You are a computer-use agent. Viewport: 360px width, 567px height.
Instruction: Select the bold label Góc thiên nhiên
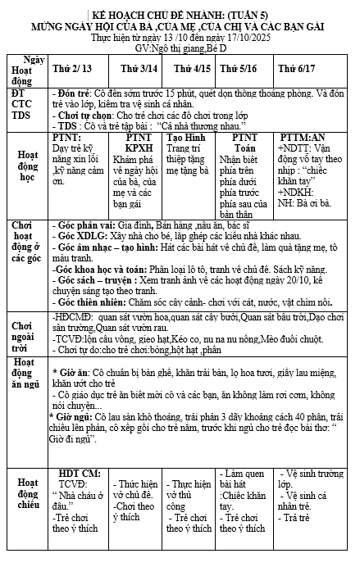pyautogui.click(x=89, y=300)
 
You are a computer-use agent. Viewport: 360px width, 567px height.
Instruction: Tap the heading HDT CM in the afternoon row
pyautogui.click(x=80, y=473)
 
